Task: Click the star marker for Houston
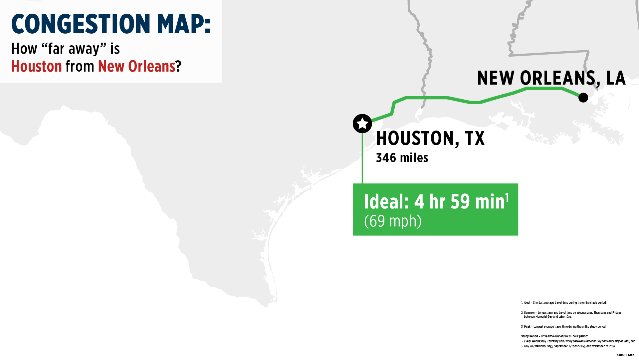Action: [362, 124]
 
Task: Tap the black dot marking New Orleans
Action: [583, 98]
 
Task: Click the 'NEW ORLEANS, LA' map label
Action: [551, 78]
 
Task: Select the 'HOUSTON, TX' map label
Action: [430, 138]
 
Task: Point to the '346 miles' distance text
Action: [402, 158]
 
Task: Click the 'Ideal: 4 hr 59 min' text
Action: [434, 202]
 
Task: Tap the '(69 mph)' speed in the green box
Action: [393, 221]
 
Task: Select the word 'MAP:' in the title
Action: [184, 24]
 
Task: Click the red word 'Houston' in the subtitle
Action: [37, 66]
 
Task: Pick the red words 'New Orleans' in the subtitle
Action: [136, 66]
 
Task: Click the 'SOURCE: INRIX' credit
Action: [625, 355]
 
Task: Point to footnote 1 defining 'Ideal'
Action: [564, 303]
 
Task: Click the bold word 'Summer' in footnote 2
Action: [529, 313]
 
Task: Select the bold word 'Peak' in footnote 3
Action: [527, 327]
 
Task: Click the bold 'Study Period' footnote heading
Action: [529, 336]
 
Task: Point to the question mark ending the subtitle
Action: [179, 66]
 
